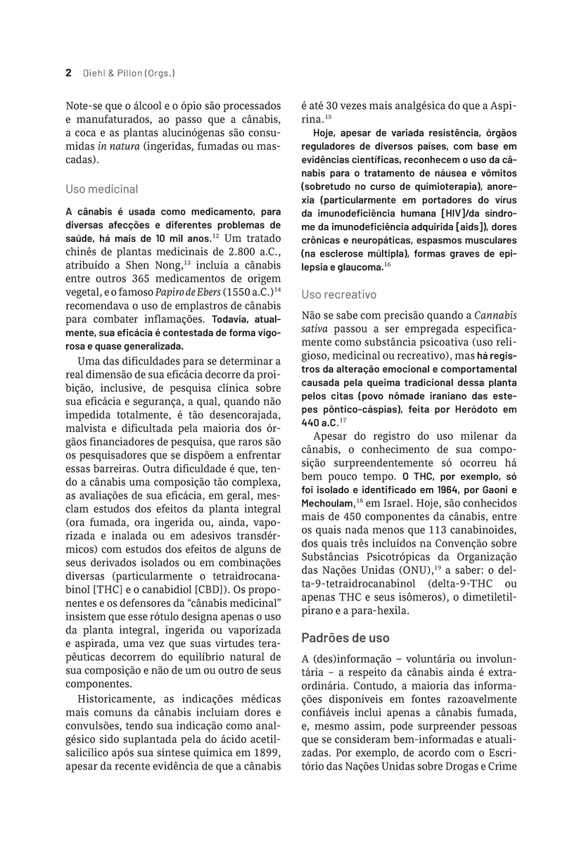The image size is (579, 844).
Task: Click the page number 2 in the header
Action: click(x=68, y=72)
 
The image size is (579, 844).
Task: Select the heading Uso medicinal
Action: click(x=102, y=189)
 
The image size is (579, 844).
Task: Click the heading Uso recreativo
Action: click(x=338, y=294)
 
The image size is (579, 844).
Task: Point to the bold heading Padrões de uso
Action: click(x=345, y=638)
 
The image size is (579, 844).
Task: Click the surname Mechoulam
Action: click(x=328, y=504)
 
